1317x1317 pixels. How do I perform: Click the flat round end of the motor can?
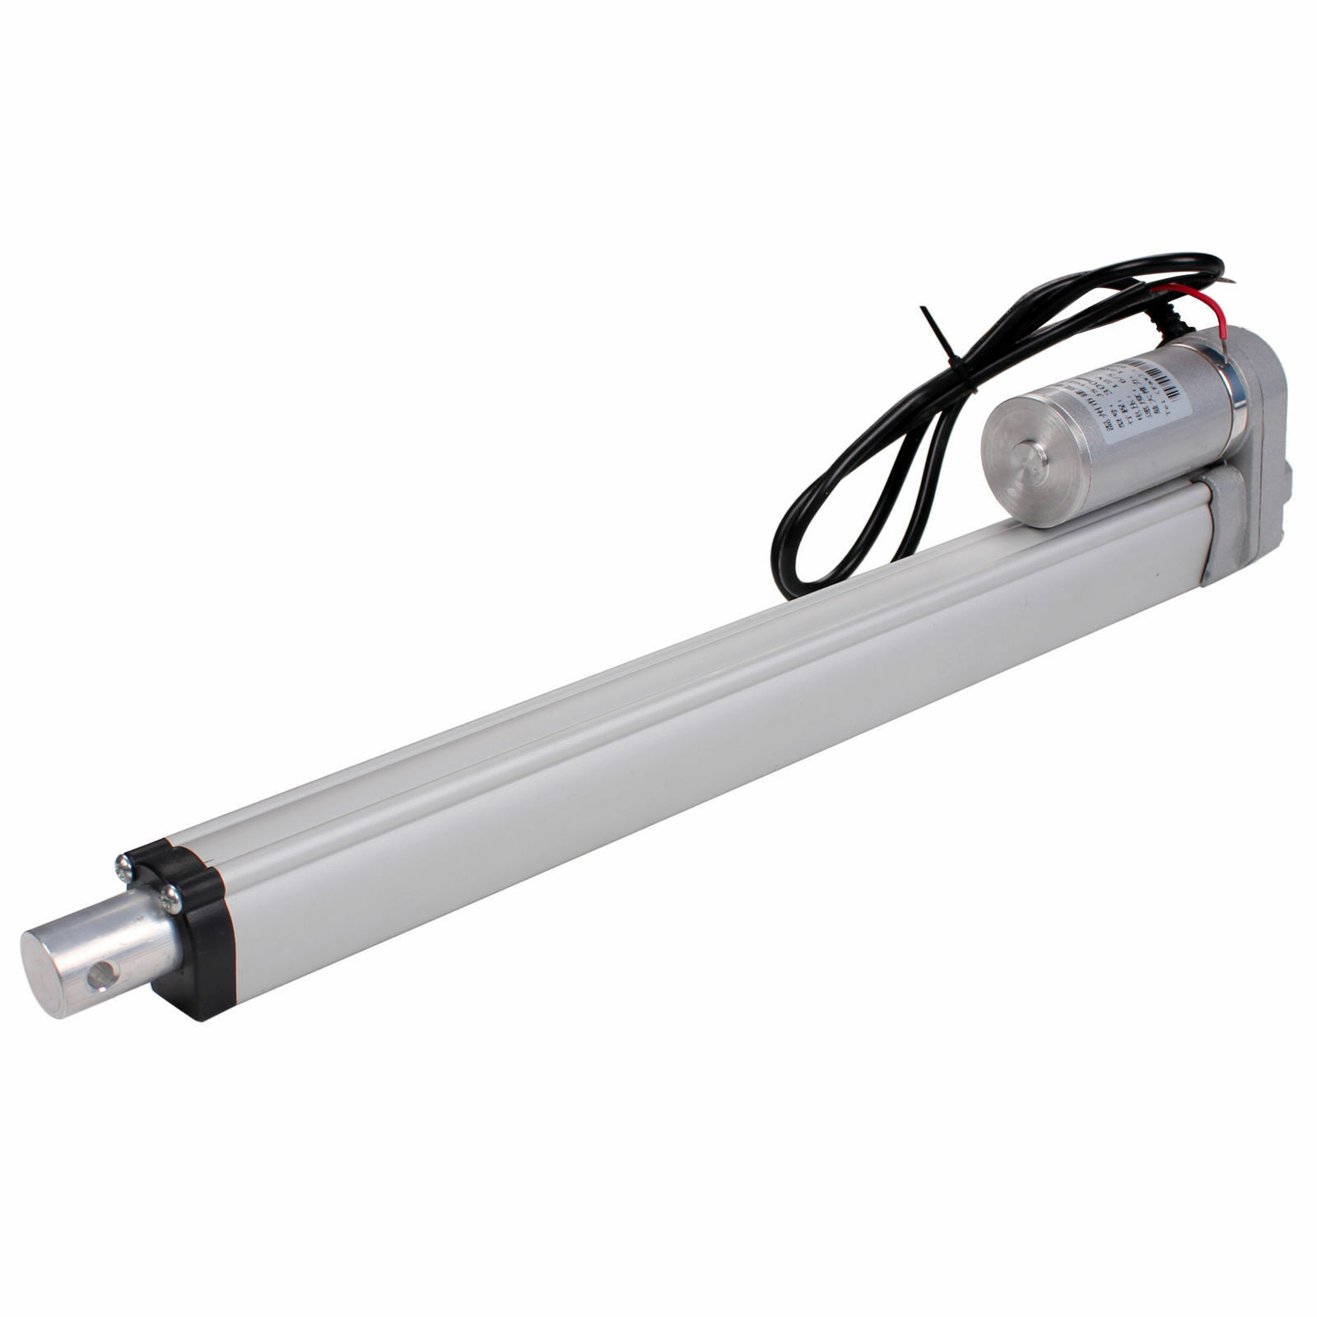click(1021, 469)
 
